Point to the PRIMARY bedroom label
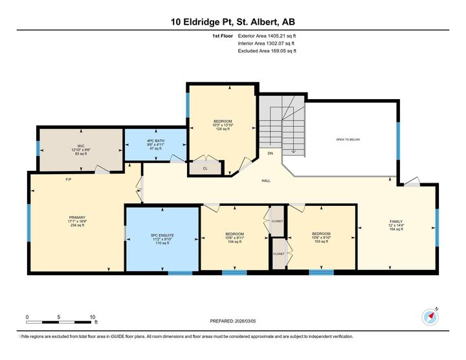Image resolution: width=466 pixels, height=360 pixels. click(77, 221)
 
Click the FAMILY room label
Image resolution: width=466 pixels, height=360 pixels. click(395, 225)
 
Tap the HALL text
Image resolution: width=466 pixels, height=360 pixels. click(265, 181)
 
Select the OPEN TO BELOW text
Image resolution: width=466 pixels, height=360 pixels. click(348, 139)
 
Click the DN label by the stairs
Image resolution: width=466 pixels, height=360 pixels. click(271, 154)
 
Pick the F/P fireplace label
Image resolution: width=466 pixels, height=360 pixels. click(68, 179)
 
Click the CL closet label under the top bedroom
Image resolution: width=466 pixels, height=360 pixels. click(205, 168)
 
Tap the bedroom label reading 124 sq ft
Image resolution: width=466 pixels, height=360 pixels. click(223, 125)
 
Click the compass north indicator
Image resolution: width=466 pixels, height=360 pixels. click(430, 317)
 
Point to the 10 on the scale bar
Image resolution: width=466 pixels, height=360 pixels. click(93, 317)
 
